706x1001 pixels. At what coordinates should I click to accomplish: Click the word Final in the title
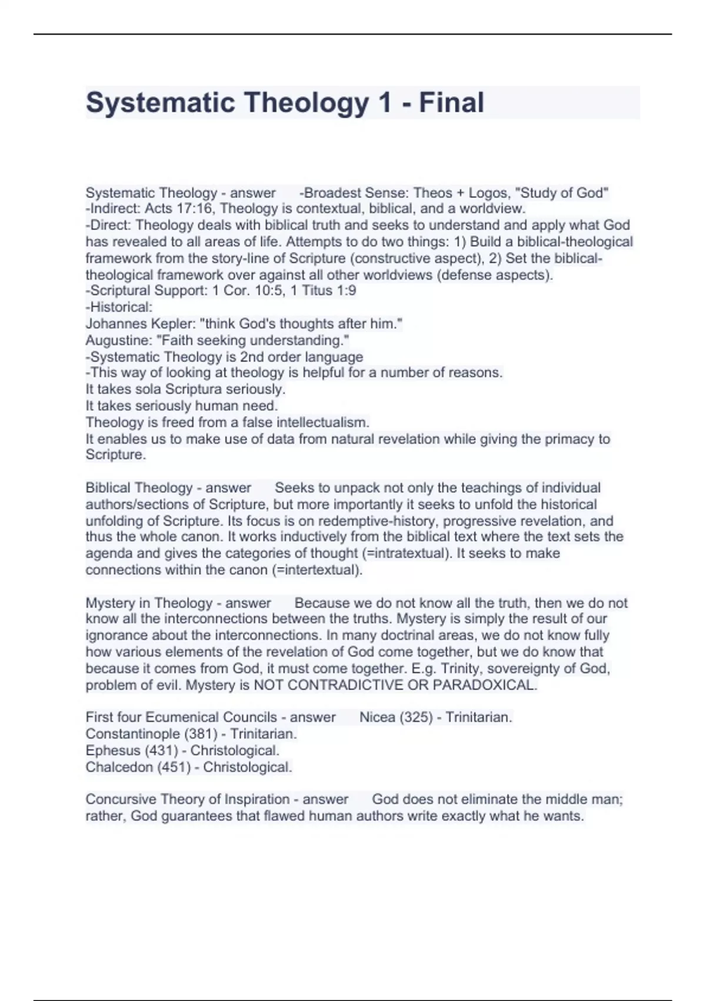click(451, 102)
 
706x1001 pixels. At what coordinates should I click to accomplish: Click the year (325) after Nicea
click(416, 717)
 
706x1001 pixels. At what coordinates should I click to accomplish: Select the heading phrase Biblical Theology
click(139, 488)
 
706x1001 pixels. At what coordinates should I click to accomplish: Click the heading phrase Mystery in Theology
click(149, 603)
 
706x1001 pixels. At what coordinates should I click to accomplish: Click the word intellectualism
click(322, 422)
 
